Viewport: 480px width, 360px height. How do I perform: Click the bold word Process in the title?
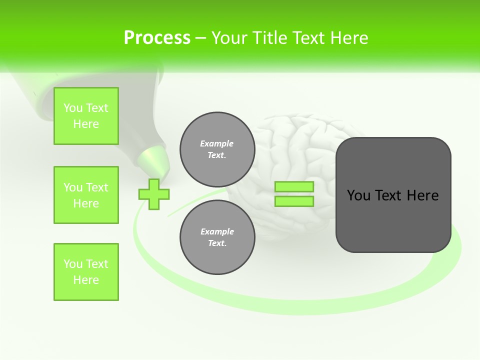coord(157,38)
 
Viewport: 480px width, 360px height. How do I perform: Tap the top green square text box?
coord(86,116)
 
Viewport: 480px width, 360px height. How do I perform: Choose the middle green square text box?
coord(86,195)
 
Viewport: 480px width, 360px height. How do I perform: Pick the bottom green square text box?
coord(86,272)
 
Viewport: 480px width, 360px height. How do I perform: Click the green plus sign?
coord(153,194)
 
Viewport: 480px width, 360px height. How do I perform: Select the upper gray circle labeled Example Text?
coord(217,149)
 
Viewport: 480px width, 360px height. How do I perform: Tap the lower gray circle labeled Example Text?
coord(217,237)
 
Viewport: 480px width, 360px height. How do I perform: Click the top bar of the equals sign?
coord(294,186)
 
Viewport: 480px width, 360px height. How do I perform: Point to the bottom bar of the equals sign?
coord(294,201)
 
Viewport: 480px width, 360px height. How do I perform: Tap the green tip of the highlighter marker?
coord(152,159)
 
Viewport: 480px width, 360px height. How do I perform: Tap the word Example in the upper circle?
coord(217,143)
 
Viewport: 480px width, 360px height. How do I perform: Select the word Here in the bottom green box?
coord(86,280)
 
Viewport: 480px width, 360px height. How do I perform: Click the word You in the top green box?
coord(73,108)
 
